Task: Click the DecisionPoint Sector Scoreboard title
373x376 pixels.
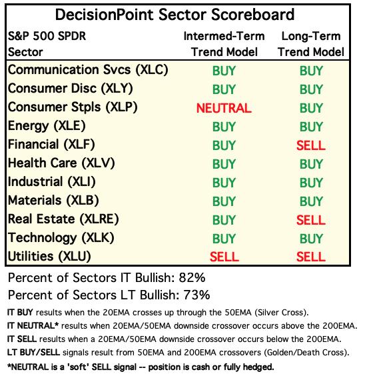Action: [x=175, y=15]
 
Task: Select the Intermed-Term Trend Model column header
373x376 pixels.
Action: [x=224, y=44]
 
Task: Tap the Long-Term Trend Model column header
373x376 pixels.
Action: [x=311, y=44]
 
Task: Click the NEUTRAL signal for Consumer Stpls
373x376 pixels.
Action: [x=224, y=108]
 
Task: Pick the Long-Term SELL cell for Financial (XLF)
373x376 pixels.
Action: [x=311, y=145]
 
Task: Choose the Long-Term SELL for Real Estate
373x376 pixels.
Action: [x=311, y=220]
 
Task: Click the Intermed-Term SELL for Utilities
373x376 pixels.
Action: [x=224, y=257]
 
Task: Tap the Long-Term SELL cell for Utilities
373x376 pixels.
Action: [x=311, y=257]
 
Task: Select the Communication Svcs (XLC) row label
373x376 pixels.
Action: [x=88, y=70]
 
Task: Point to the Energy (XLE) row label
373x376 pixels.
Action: [x=47, y=126]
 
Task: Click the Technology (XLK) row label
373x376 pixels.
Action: [x=61, y=238]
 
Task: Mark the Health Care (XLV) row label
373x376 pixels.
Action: [x=61, y=163]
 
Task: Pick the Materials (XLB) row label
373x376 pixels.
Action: [x=53, y=201]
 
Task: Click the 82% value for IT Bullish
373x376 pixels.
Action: [x=192, y=278]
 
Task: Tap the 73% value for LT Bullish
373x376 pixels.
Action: [x=196, y=295]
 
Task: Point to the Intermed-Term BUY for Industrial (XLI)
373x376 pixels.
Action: [x=224, y=183]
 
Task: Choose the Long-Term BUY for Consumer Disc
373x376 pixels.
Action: [x=311, y=89]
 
